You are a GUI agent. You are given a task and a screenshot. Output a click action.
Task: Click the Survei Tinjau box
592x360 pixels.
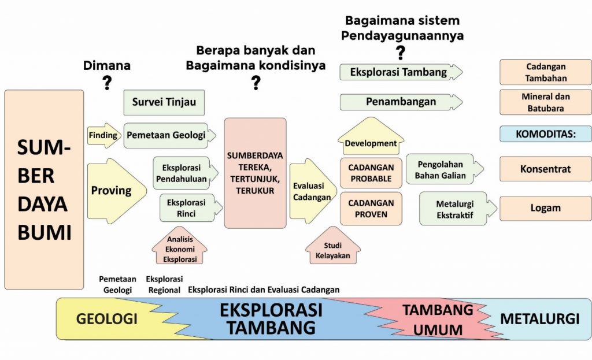(x=164, y=102)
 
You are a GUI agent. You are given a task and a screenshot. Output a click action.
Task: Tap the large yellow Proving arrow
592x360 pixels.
(x=117, y=191)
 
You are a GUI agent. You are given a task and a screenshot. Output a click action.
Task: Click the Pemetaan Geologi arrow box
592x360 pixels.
(x=170, y=135)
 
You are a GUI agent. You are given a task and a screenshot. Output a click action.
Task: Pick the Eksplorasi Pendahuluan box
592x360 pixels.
(x=186, y=173)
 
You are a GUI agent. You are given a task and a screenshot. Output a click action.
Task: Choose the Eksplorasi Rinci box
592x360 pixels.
(x=191, y=208)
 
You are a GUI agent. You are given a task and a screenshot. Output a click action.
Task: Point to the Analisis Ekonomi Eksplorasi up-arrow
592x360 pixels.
(x=180, y=246)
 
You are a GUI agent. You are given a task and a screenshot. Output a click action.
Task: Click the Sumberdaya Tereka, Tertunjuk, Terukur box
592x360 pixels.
(x=255, y=173)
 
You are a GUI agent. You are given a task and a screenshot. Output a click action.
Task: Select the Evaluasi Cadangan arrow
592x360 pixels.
(x=313, y=191)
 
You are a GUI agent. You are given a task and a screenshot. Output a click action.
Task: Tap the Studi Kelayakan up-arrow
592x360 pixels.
(x=333, y=246)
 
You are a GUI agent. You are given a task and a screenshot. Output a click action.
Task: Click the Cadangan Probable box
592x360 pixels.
(x=371, y=173)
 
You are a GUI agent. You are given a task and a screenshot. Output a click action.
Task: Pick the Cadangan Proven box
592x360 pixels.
(x=371, y=209)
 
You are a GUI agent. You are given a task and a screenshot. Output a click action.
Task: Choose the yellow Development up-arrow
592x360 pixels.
(x=371, y=136)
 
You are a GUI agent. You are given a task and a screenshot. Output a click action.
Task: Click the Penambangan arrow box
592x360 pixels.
(x=401, y=102)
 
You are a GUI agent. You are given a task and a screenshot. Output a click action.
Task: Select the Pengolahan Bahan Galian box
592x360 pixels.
(x=445, y=169)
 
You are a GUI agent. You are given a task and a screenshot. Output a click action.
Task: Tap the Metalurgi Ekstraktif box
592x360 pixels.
(x=458, y=209)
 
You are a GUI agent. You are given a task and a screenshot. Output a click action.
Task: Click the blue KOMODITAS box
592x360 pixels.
(x=546, y=134)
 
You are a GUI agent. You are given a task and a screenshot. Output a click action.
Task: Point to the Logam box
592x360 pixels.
(x=546, y=208)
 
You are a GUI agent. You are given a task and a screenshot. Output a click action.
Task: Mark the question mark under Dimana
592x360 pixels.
(x=107, y=83)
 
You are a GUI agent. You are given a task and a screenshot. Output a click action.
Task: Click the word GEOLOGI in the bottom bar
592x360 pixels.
(x=107, y=319)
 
